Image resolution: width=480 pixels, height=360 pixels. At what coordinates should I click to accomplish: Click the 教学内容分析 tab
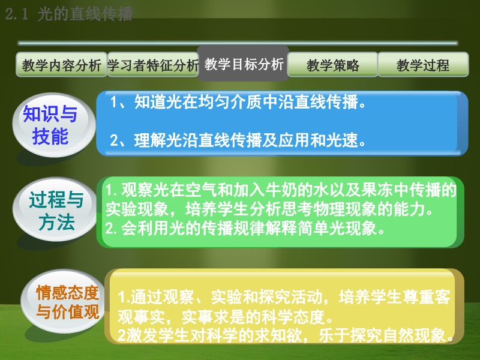click(62, 64)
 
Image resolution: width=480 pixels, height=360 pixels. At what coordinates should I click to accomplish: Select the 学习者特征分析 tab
click(153, 64)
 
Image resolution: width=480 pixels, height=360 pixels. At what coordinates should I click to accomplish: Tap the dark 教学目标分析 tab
click(243, 64)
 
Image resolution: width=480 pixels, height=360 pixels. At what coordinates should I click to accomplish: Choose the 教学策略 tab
click(333, 64)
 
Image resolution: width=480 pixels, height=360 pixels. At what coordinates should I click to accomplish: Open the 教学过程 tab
click(423, 64)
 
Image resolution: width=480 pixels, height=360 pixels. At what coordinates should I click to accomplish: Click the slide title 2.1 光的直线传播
click(69, 14)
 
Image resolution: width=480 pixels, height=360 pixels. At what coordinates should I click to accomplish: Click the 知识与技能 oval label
click(51, 125)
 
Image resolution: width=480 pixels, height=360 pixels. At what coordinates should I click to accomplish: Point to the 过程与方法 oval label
click(56, 211)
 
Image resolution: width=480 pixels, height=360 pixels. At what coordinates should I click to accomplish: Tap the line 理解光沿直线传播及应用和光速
click(238, 140)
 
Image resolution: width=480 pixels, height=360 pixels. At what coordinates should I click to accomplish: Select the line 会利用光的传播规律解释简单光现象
click(245, 228)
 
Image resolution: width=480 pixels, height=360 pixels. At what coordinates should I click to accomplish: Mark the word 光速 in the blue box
click(341, 140)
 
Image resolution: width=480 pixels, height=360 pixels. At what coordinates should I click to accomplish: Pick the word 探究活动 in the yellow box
click(290, 297)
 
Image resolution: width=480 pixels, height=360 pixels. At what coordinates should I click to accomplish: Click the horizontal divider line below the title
click(238, 43)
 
